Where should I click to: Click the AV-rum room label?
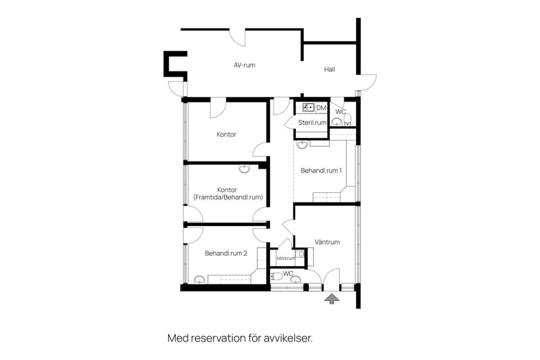244,65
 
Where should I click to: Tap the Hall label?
330,69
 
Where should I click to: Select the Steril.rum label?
312,122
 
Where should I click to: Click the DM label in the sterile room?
321,108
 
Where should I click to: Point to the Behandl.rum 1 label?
321,170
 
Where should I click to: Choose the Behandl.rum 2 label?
226,253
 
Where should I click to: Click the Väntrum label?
327,242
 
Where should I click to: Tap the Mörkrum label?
286,258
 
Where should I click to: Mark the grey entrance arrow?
332,299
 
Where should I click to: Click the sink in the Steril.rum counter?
308,107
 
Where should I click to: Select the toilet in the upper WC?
347,119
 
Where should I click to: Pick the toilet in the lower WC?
277,276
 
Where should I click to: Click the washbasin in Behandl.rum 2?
199,280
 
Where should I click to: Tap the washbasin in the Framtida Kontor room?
244,168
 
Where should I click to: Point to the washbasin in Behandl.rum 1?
302,144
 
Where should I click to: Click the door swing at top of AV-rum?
237,38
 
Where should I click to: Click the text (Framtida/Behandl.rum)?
228,197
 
